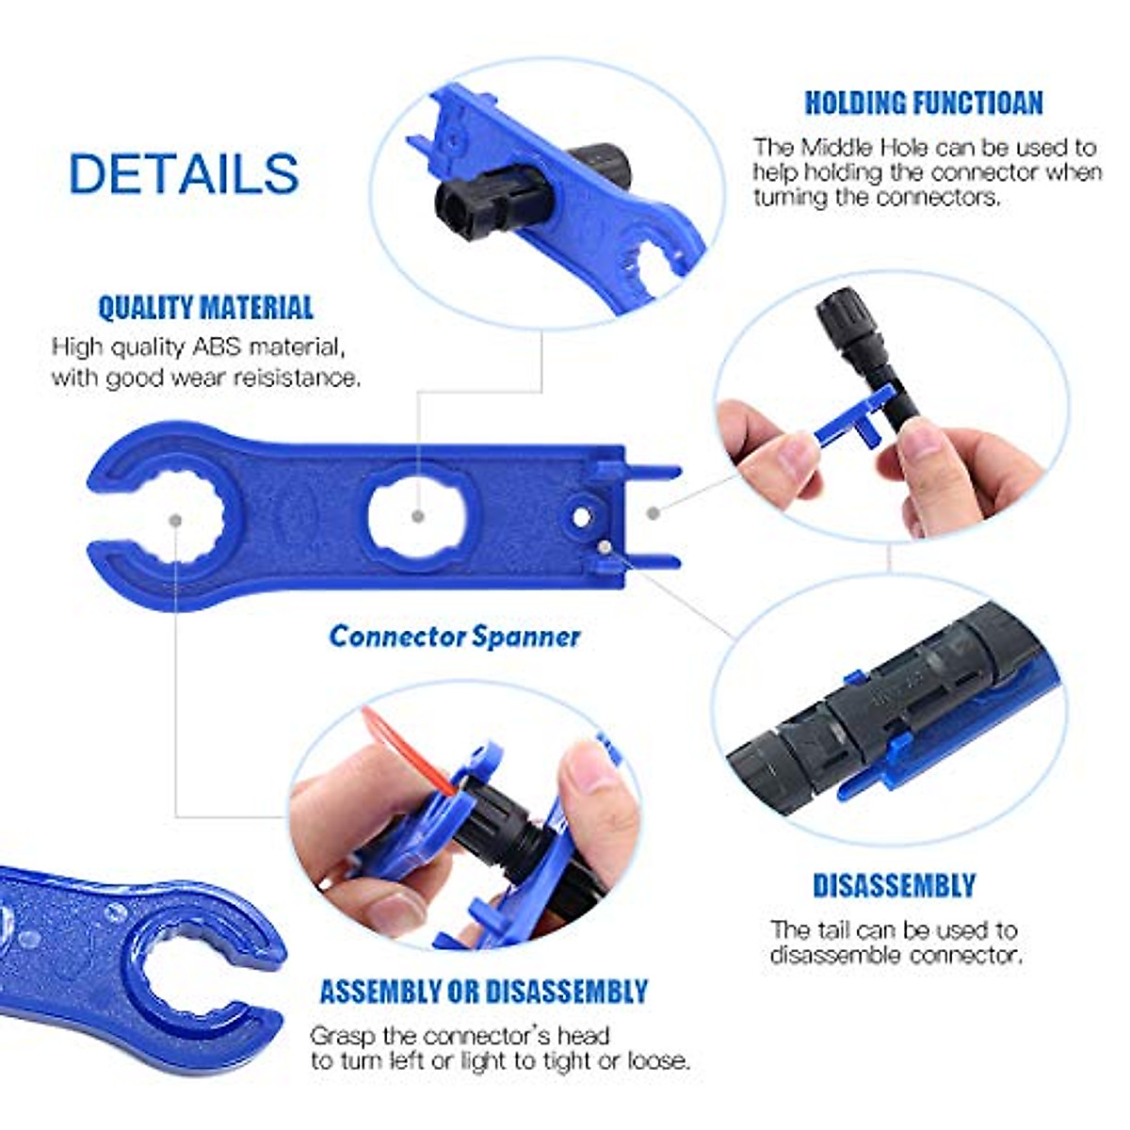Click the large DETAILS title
point(184,174)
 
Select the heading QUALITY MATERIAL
point(205,308)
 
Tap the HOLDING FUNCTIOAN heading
point(923,103)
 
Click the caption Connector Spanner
point(455,637)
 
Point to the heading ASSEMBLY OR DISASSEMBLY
point(483,992)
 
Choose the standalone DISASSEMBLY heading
point(894,886)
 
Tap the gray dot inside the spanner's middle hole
point(418,516)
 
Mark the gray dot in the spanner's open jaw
point(175,519)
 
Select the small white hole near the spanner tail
point(583,517)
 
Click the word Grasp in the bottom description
point(344,1036)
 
